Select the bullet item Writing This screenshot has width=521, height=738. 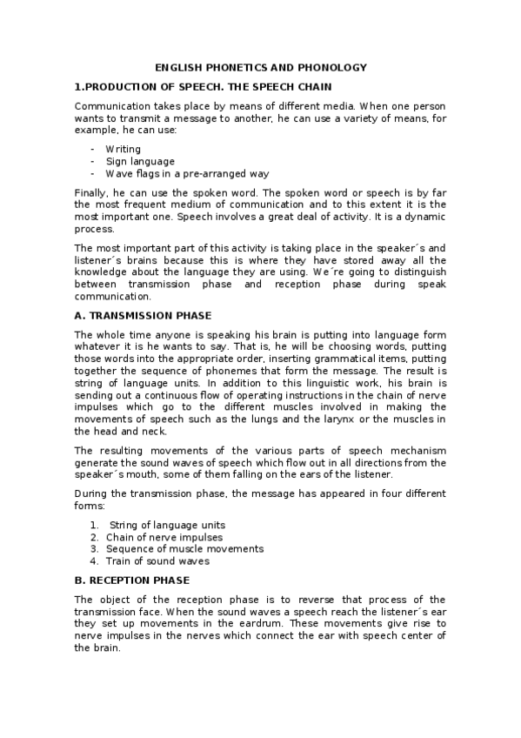pyautogui.click(x=123, y=150)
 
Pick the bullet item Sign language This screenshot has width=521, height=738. pyautogui.click(x=140, y=161)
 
